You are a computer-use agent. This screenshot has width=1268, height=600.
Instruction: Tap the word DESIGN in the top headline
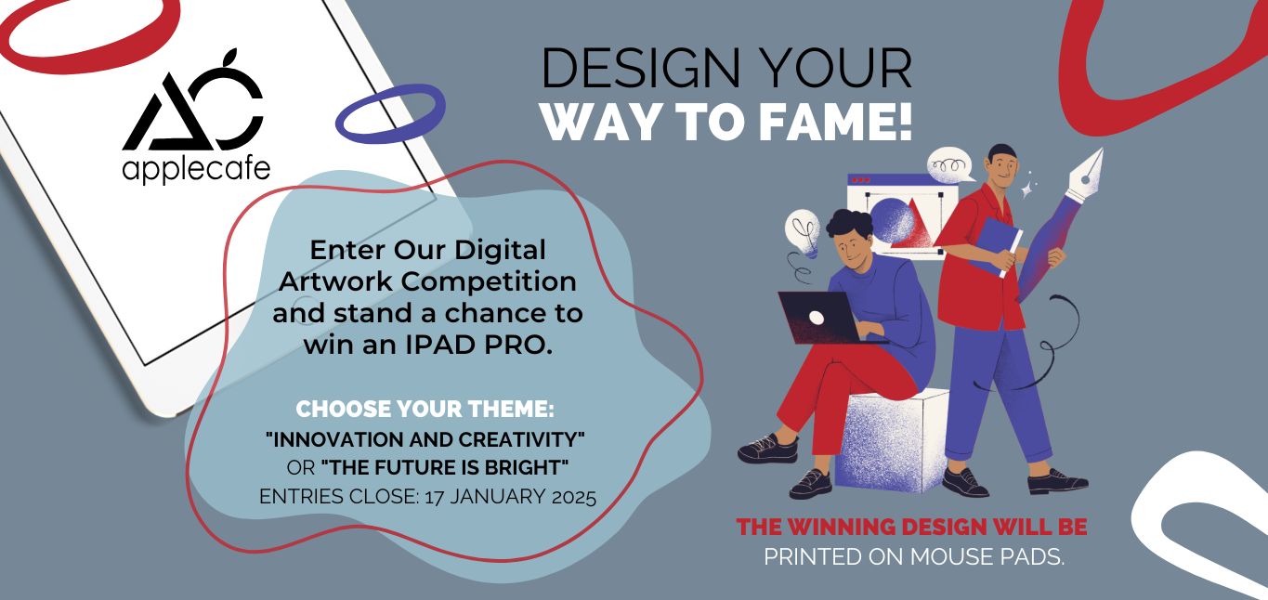pyautogui.click(x=641, y=69)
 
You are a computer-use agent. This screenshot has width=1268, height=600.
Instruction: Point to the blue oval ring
pyautogui.click(x=390, y=112)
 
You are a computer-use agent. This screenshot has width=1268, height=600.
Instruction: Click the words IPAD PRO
pyautogui.click(x=479, y=345)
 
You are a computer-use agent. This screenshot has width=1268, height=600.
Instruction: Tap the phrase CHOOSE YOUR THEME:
pyautogui.click(x=425, y=409)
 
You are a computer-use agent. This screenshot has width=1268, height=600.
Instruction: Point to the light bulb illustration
pyautogui.click(x=802, y=233)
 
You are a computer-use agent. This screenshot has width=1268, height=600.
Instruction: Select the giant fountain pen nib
pyautogui.click(x=1084, y=176)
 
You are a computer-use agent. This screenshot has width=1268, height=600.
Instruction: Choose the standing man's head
pyautogui.click(x=1002, y=164)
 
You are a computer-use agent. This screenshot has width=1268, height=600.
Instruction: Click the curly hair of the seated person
pyautogui.click(x=849, y=223)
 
